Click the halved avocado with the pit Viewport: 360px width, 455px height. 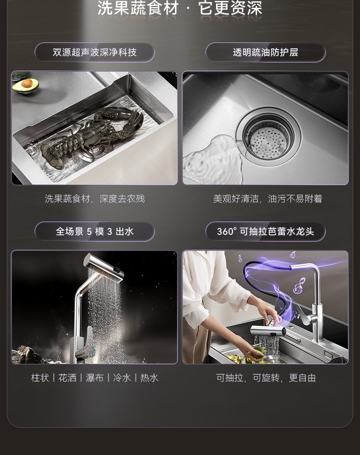click(26, 85)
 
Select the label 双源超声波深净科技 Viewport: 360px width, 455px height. click(95, 52)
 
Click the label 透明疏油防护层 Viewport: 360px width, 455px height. click(265, 52)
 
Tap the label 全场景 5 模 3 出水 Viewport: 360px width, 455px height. click(95, 232)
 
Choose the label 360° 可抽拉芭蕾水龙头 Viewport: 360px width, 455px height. click(265, 232)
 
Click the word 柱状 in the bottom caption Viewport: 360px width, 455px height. click(40, 378)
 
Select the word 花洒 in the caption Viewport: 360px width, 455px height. click(67, 378)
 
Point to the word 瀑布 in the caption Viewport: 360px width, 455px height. click(95, 378)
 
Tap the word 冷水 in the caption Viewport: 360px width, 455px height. click(122, 378)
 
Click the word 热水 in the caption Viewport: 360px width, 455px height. click(149, 378)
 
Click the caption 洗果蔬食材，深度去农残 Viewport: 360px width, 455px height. click(95, 199)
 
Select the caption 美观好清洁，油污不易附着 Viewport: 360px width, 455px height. click(267, 199)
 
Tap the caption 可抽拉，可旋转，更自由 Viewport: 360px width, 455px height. click(266, 378)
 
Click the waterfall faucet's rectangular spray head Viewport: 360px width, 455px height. click(103, 264)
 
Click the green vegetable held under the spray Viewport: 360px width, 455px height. click(258, 352)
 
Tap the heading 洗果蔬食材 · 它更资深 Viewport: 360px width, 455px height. click(180, 8)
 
